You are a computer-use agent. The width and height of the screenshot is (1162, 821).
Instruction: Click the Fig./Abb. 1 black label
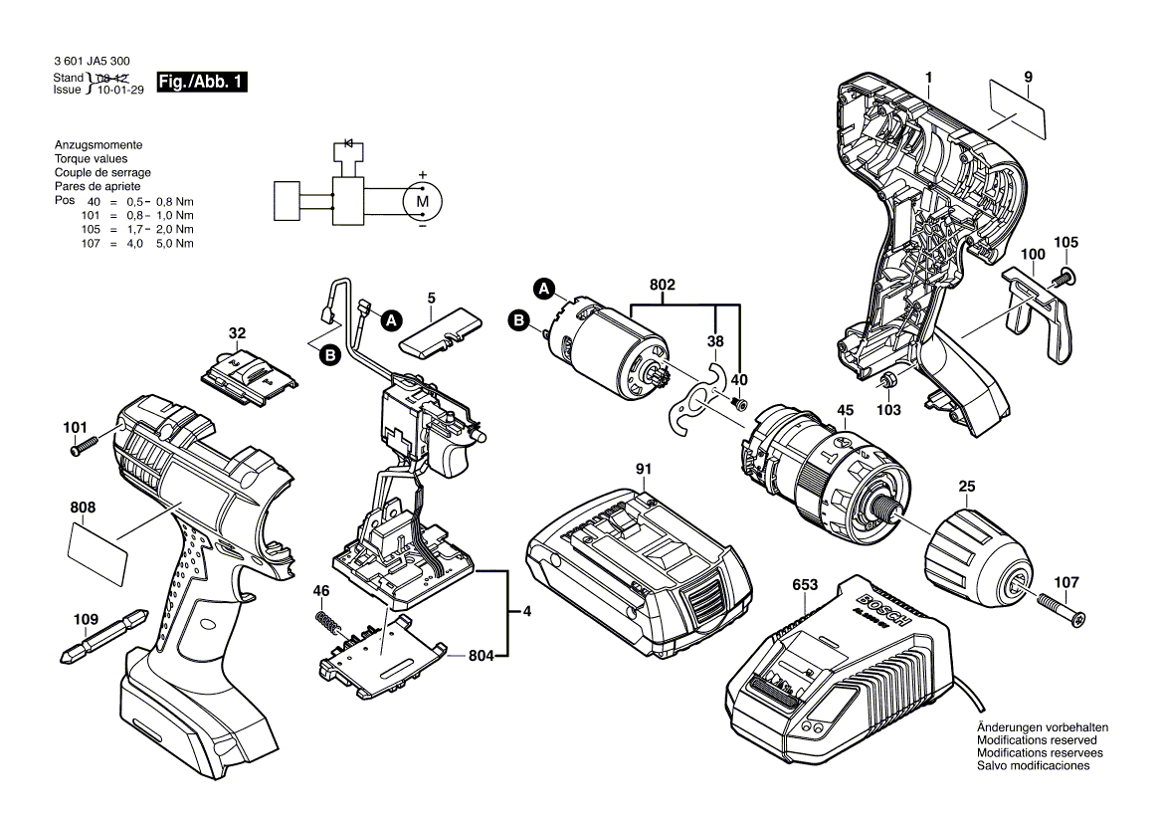tap(201, 83)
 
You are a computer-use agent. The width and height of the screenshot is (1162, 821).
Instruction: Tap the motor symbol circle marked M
tap(421, 200)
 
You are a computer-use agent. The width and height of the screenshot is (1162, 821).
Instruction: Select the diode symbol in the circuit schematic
tap(348, 143)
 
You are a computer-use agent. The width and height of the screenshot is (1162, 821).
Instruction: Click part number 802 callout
tap(663, 285)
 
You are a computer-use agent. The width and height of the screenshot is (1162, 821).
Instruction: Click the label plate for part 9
tap(1019, 110)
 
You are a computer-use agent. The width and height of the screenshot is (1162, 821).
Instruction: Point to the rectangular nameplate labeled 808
tap(97, 554)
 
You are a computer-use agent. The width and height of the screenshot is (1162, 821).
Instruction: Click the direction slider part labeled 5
tap(439, 329)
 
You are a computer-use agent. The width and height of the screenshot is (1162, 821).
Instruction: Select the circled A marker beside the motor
tap(543, 289)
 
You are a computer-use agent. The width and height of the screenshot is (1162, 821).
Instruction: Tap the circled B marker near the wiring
tap(329, 354)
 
